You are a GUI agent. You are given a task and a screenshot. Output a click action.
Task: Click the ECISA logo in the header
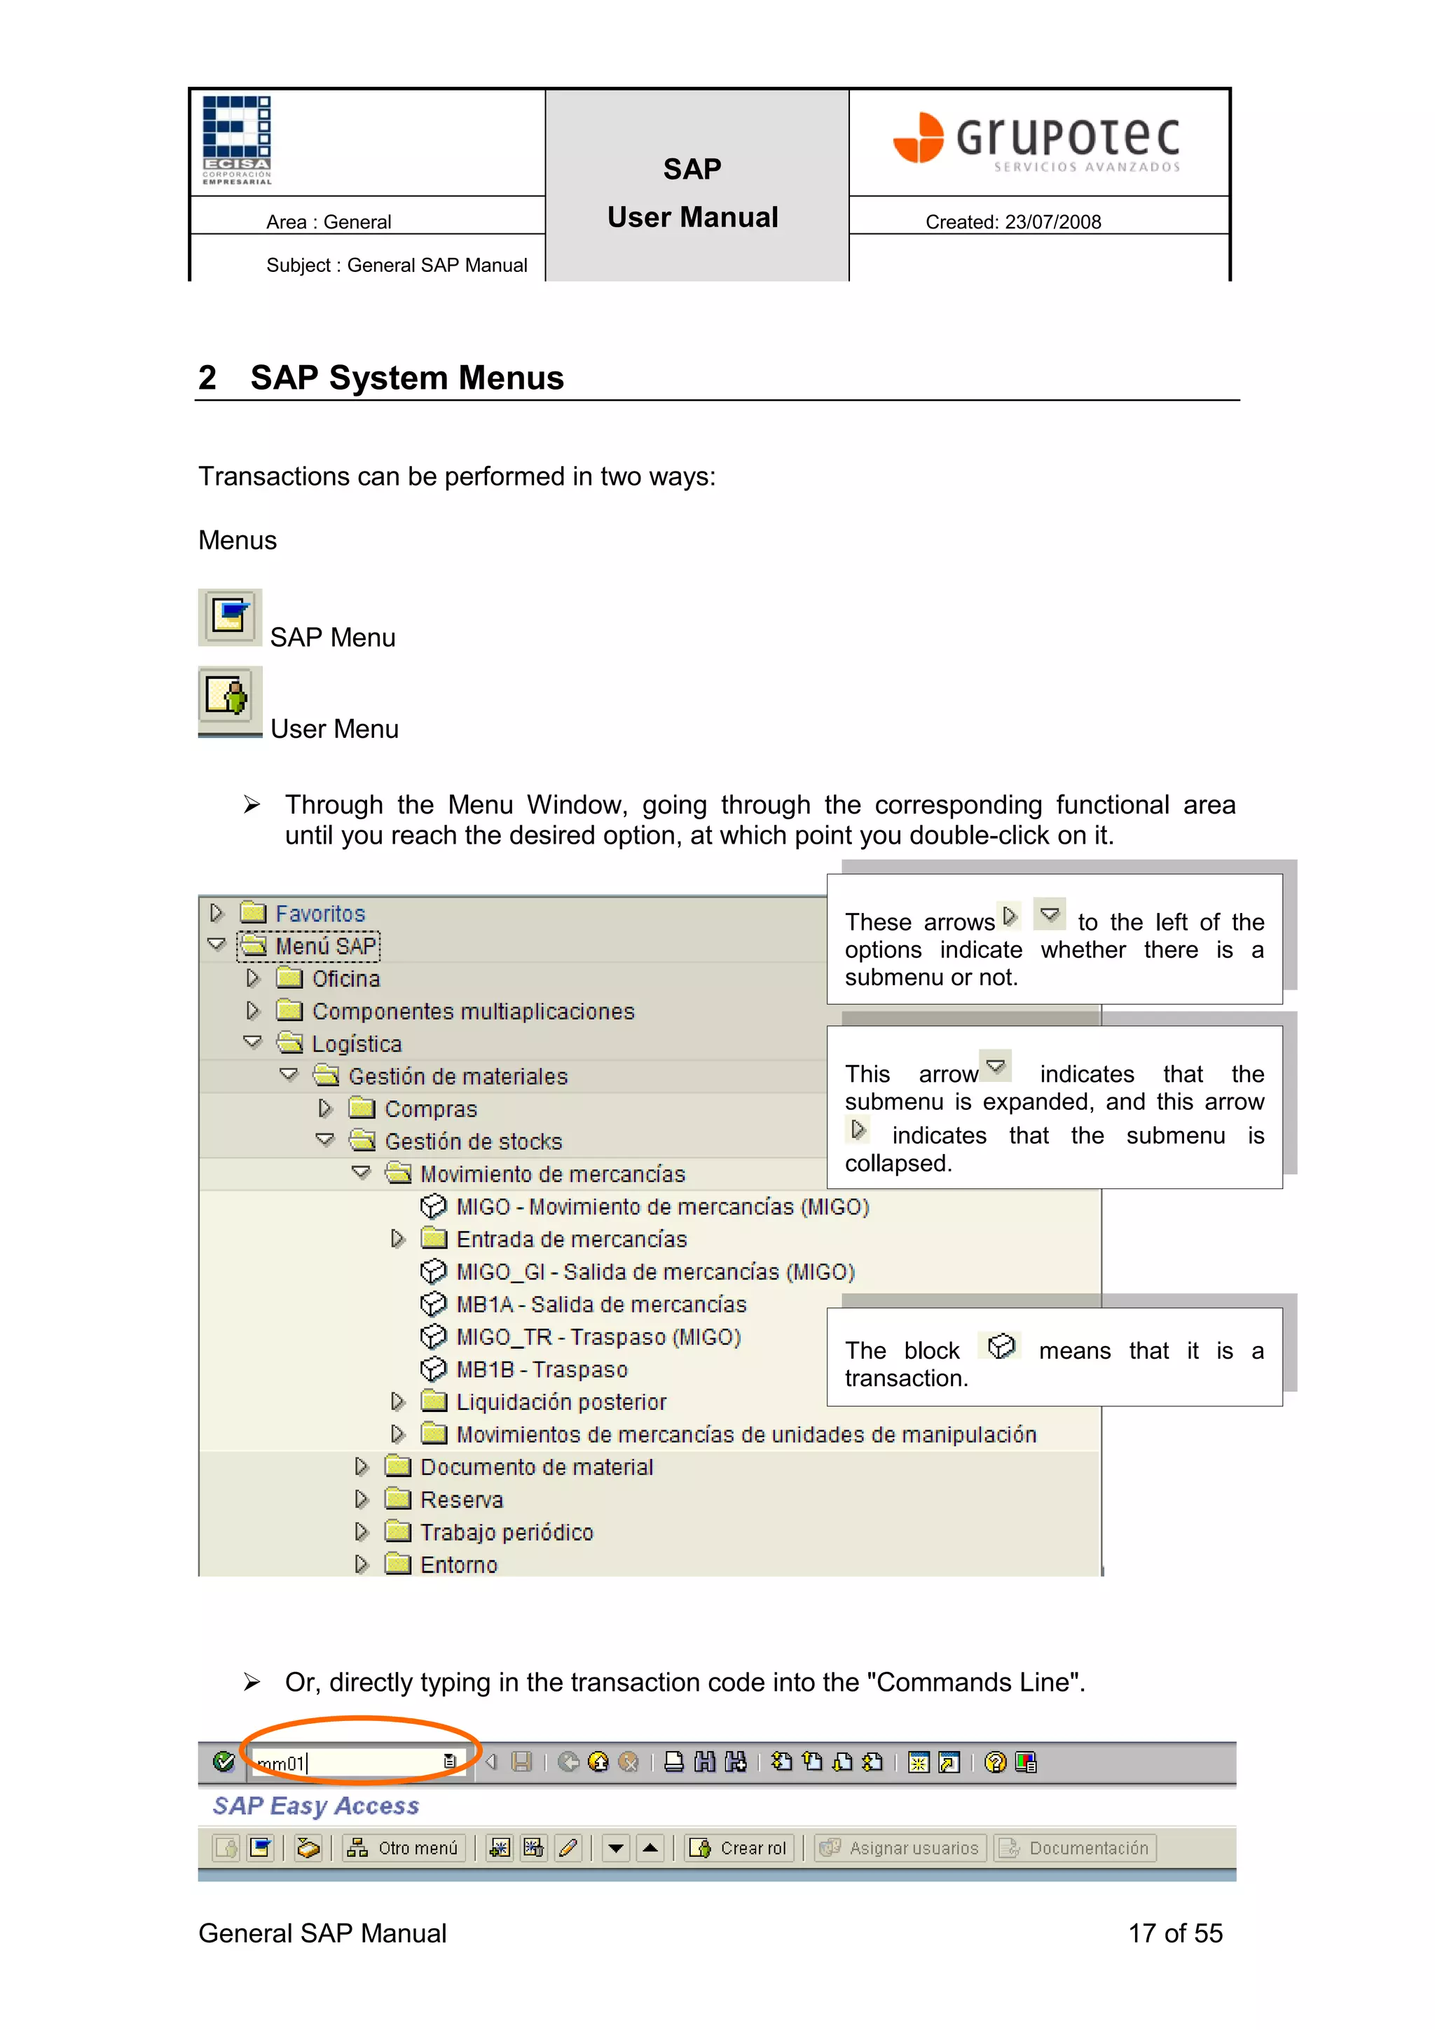pyautogui.click(x=236, y=139)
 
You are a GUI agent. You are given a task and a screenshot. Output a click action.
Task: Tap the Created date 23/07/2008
pyautogui.click(x=1012, y=222)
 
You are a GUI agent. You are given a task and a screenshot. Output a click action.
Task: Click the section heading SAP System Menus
pyautogui.click(x=406, y=378)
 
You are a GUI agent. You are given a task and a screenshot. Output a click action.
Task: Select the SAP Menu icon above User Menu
pyautogui.click(x=229, y=617)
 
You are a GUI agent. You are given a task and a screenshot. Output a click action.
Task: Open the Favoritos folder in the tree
pyautogui.click(x=320, y=913)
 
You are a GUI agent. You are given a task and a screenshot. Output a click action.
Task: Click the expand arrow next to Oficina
pyautogui.click(x=253, y=978)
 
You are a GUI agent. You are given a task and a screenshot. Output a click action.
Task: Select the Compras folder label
pyautogui.click(x=431, y=1109)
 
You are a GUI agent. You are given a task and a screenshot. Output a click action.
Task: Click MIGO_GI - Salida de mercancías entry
pyautogui.click(x=654, y=1271)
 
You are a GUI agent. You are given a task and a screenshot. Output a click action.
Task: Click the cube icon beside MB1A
pyautogui.click(x=432, y=1304)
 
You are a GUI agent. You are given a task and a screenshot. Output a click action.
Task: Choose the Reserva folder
pyautogui.click(x=460, y=1500)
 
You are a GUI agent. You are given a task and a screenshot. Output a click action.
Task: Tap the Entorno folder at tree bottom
pyautogui.click(x=458, y=1565)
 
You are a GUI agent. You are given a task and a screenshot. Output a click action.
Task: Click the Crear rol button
pyautogui.click(x=739, y=1848)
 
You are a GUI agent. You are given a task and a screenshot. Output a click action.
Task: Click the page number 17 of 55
pyautogui.click(x=1174, y=1933)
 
